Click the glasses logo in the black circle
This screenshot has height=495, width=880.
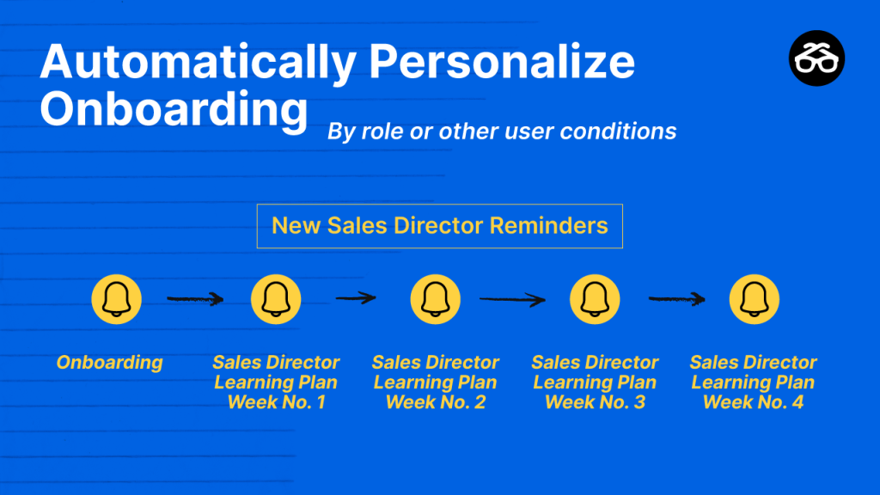[816, 58]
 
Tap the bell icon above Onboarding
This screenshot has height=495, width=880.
[116, 299]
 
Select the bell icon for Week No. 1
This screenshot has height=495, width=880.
[276, 299]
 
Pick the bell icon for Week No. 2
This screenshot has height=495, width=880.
[435, 299]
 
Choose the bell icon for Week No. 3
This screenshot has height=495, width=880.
[595, 299]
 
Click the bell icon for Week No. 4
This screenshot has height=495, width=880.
[754, 299]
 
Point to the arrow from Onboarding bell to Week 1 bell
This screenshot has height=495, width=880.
[195, 299]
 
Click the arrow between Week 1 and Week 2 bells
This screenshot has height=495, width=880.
[356, 298]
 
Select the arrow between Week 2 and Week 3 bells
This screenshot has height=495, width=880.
[512, 300]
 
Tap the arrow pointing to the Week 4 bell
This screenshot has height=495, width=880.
[677, 299]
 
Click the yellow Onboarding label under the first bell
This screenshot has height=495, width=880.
[109, 363]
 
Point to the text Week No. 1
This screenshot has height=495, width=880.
[276, 402]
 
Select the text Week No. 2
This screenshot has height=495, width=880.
[436, 402]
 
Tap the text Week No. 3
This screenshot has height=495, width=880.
[595, 402]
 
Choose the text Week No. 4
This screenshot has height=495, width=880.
[753, 402]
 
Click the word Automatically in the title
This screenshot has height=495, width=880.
[199, 63]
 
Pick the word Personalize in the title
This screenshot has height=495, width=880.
[502, 61]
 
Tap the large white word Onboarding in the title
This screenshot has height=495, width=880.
[174, 110]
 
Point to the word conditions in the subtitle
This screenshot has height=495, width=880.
[618, 131]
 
